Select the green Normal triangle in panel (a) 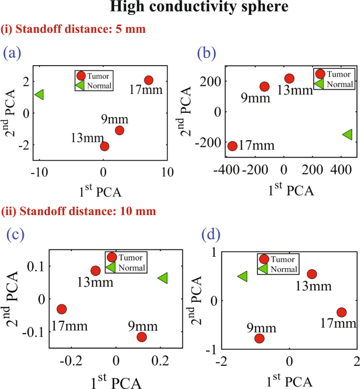[39, 94]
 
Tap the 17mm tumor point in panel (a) [149, 80]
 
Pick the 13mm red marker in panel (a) [105, 146]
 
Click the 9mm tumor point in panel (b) [264, 87]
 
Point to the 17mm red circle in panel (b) [232, 145]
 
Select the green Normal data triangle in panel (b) [347, 134]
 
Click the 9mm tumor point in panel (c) [141, 337]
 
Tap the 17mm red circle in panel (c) [62, 309]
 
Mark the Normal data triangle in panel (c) [163, 278]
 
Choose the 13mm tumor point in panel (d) [312, 274]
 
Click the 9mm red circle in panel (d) [259, 339]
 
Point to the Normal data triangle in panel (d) [243, 276]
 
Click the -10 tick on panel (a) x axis [37, 172]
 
